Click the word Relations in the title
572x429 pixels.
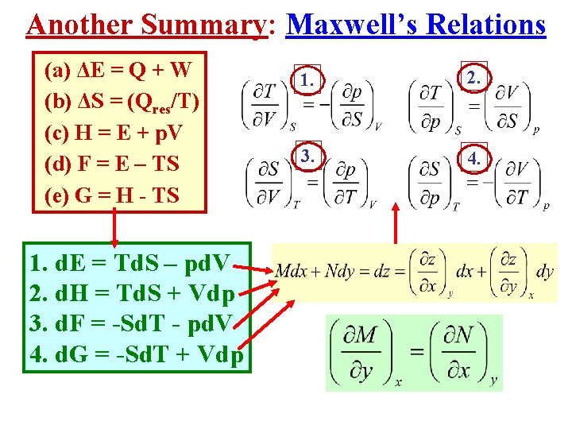point(486,25)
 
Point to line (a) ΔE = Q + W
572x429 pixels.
point(118,70)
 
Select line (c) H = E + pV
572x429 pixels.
point(116,133)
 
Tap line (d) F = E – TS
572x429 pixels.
point(112,164)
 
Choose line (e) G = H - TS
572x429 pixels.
point(112,195)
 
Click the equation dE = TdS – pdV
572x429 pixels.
point(129,262)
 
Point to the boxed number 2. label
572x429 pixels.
point(474,77)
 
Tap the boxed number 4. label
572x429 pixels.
point(474,157)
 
